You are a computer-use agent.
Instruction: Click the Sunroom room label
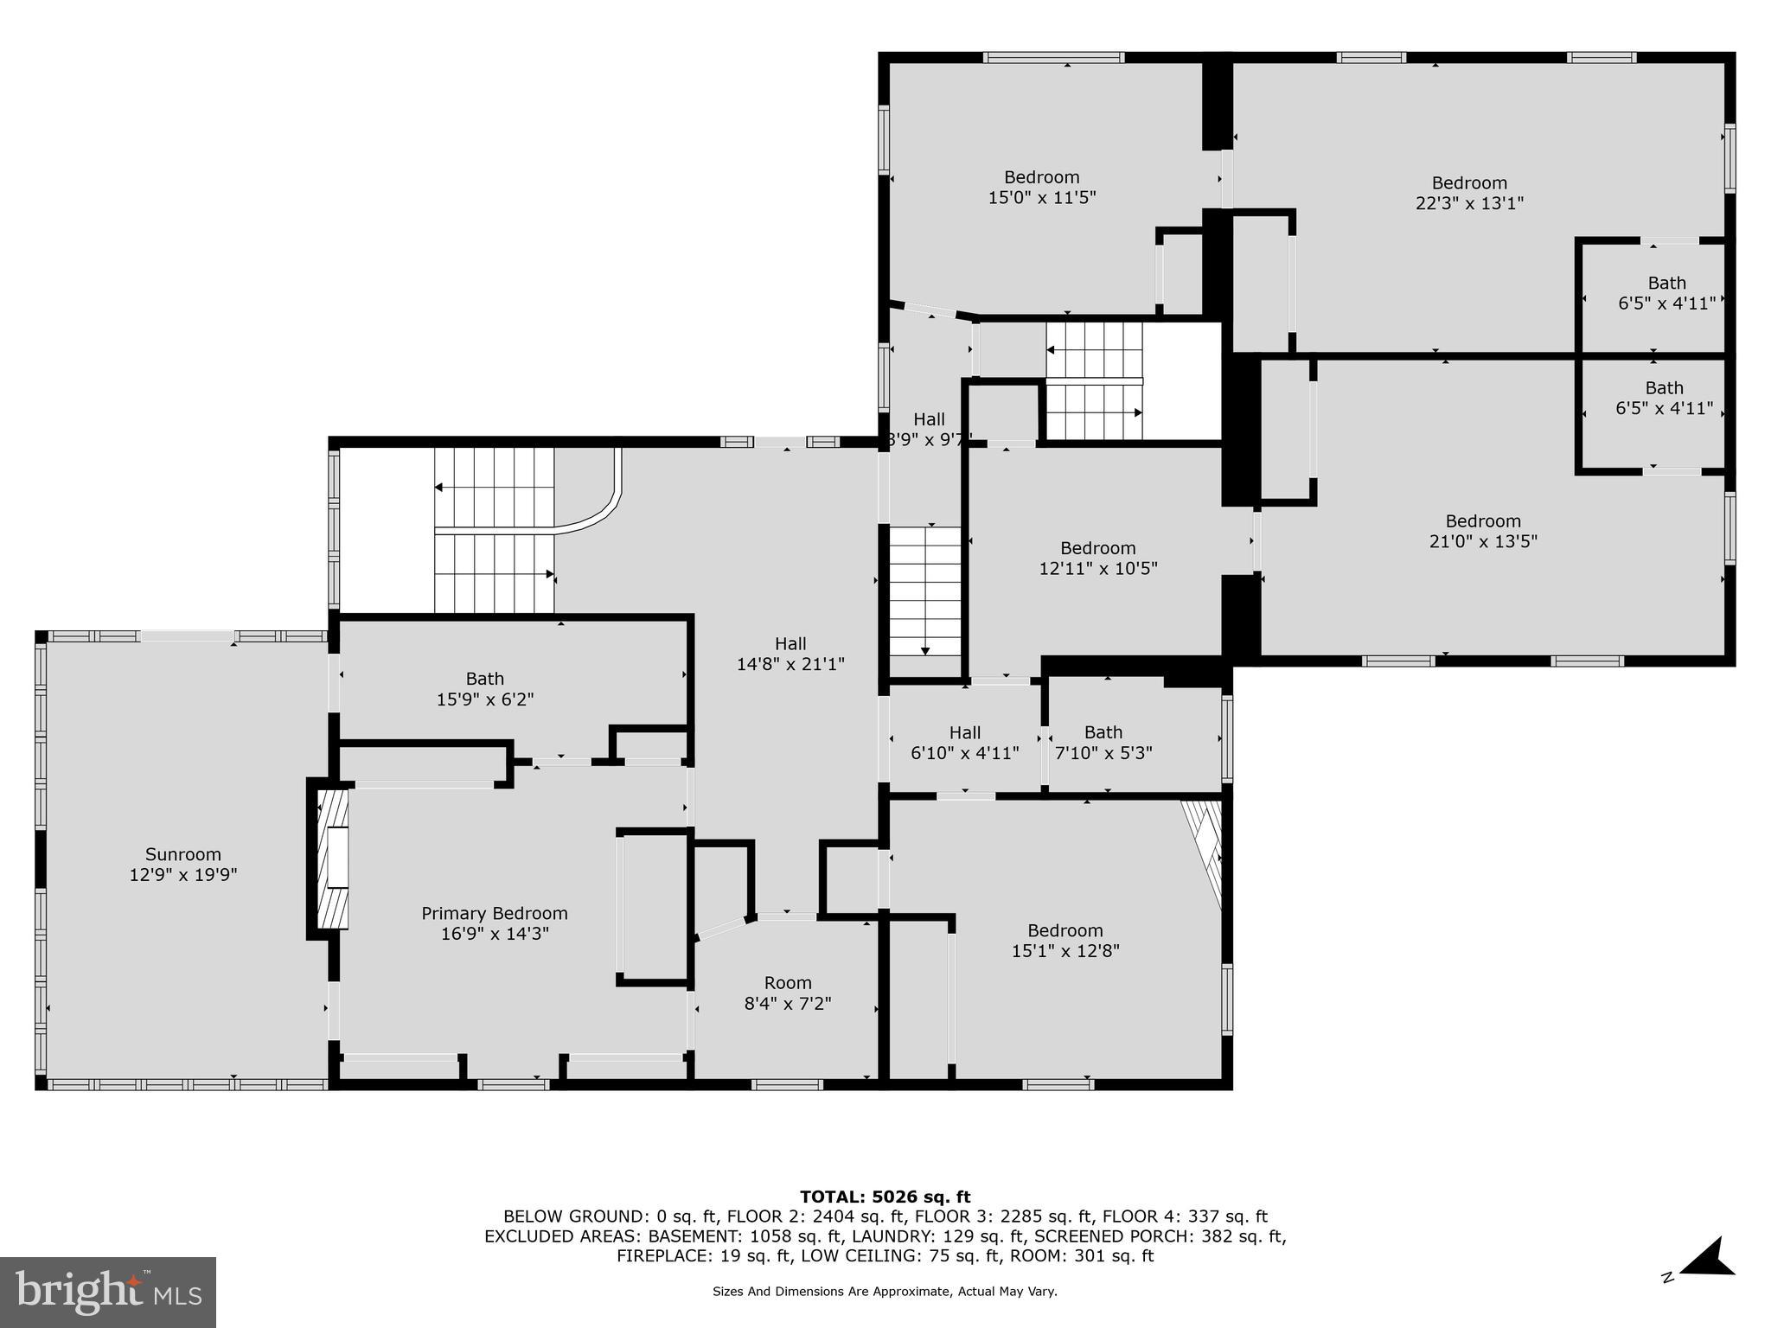click(183, 864)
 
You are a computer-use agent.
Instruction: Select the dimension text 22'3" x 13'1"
click(1469, 203)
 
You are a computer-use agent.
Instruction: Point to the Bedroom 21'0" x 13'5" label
click(1483, 531)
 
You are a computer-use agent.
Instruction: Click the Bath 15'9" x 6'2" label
click(485, 689)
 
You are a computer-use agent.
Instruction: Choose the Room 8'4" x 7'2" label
click(788, 993)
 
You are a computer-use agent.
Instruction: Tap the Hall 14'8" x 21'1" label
click(790, 654)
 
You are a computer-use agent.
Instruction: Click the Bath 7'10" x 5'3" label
click(1103, 743)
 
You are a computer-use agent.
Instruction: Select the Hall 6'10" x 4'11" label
click(965, 743)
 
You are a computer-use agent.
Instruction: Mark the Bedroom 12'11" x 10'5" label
click(1098, 558)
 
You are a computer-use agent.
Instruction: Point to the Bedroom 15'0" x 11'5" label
click(1042, 188)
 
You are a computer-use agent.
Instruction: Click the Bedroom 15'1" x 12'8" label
click(1065, 941)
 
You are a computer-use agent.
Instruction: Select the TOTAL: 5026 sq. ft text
click(885, 1197)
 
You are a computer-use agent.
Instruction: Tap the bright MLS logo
click(108, 1292)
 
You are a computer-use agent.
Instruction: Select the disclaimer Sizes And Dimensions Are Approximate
click(885, 1292)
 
